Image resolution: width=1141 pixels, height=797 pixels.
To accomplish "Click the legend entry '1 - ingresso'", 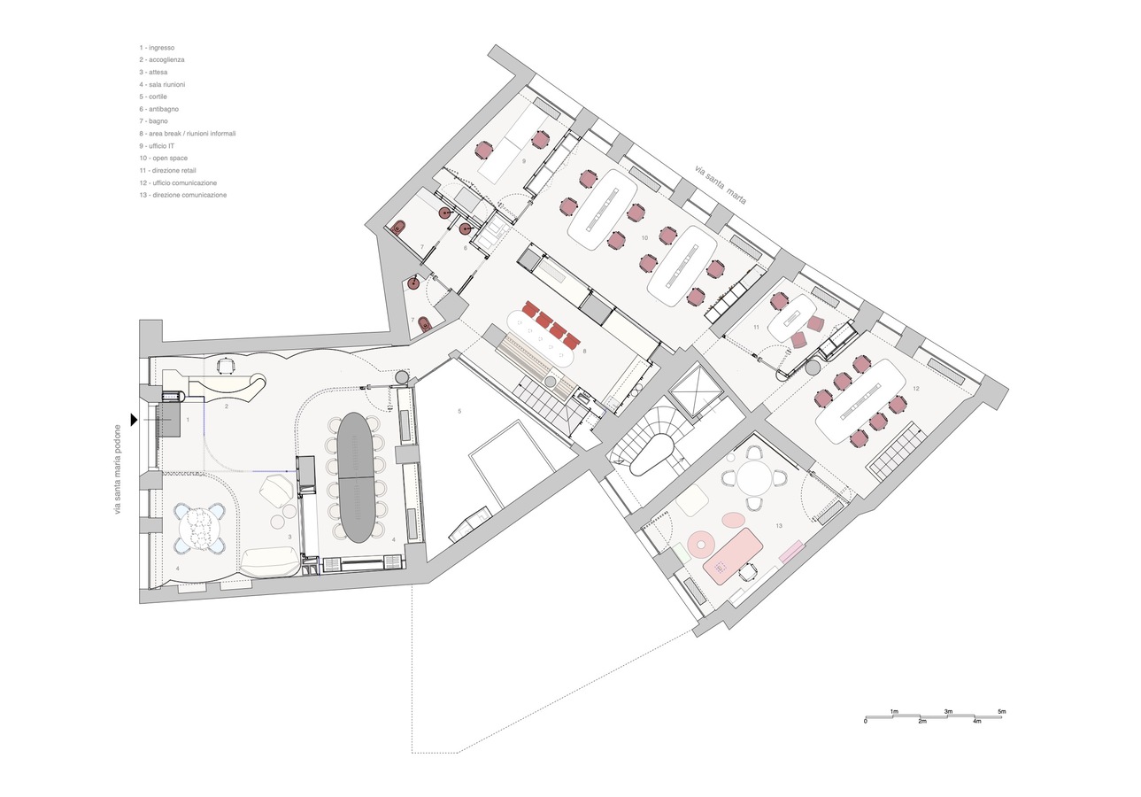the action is pos(157,48).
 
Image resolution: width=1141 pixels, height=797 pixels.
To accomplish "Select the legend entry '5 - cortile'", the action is pos(153,97).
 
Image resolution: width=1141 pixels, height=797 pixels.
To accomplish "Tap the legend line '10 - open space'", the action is pos(164,158).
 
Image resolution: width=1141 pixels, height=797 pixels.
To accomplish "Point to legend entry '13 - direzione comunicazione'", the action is pos(183,195).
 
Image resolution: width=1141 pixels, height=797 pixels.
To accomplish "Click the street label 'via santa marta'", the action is pos(721,184).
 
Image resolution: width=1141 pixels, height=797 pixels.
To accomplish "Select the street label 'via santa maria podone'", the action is pos(119,469).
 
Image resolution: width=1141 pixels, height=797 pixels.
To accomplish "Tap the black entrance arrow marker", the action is pos(134,420).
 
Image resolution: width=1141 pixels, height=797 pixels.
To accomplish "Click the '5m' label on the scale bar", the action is pos(1001,711).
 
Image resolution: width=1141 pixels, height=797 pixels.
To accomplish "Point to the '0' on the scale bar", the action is pos(865,721).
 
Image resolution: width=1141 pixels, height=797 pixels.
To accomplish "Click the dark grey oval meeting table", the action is pos(357,477).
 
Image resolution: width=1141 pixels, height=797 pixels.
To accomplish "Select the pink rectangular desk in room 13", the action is pos(732,556).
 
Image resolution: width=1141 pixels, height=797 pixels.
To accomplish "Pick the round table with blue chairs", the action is pos(198,528).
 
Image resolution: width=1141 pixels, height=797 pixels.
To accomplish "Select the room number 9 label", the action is pos(524,160).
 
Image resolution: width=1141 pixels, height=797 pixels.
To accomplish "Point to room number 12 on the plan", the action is pos(916,388).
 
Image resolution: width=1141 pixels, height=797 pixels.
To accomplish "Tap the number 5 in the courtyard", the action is pos(459,411).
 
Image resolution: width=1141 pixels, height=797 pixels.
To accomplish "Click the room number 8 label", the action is pos(585,351).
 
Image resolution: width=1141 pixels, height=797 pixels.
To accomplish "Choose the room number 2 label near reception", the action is pos(227,406).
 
